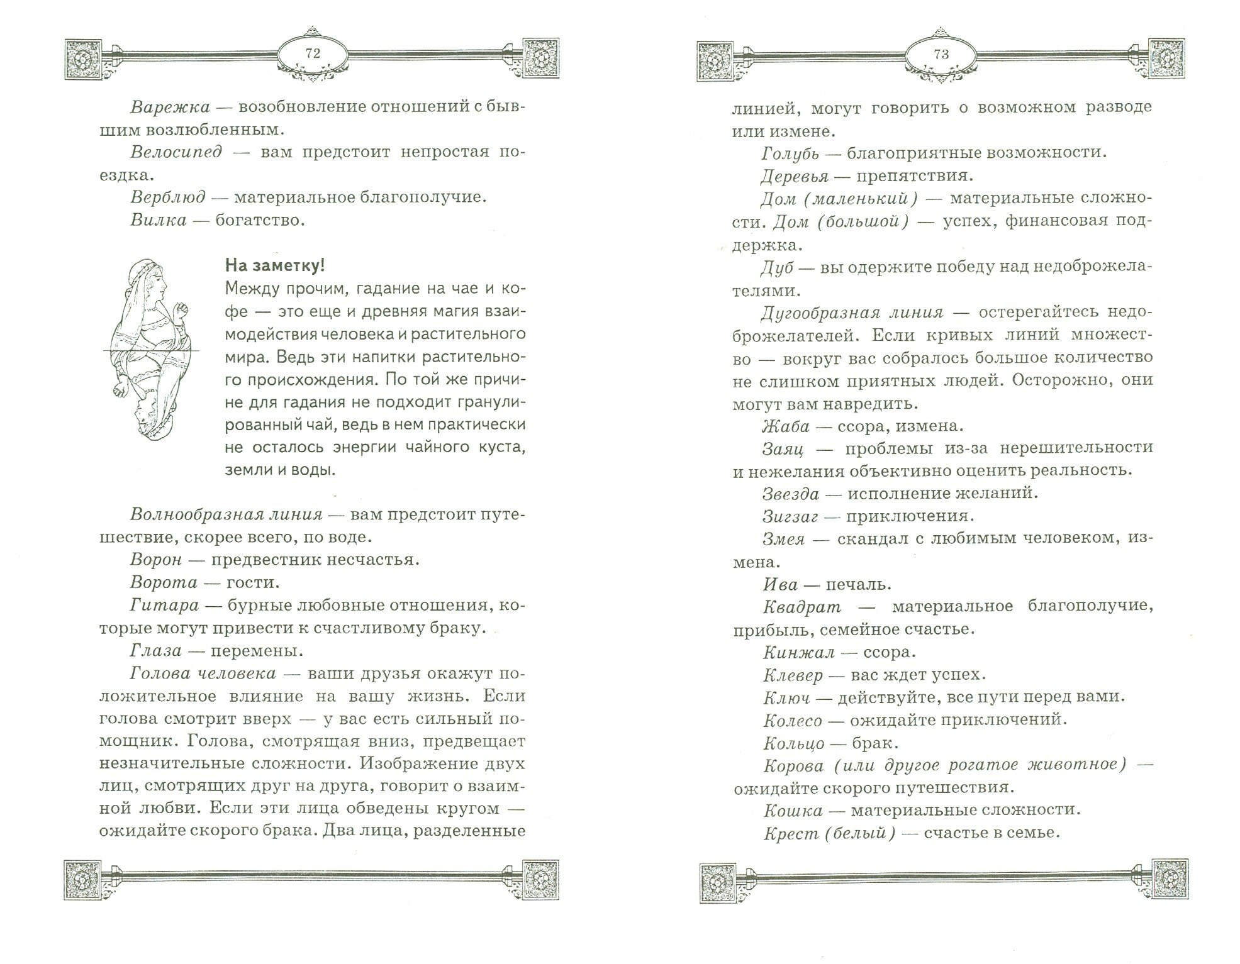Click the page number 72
pos(313,54)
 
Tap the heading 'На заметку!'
pos(274,266)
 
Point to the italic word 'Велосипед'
pos(176,152)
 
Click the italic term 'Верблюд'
pos(168,197)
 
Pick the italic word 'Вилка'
pos(159,220)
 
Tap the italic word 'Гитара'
pos(164,606)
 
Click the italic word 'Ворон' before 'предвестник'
pos(156,560)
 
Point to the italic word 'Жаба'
pos(785,426)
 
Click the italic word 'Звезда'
pos(790,494)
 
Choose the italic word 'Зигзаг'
pos(790,516)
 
